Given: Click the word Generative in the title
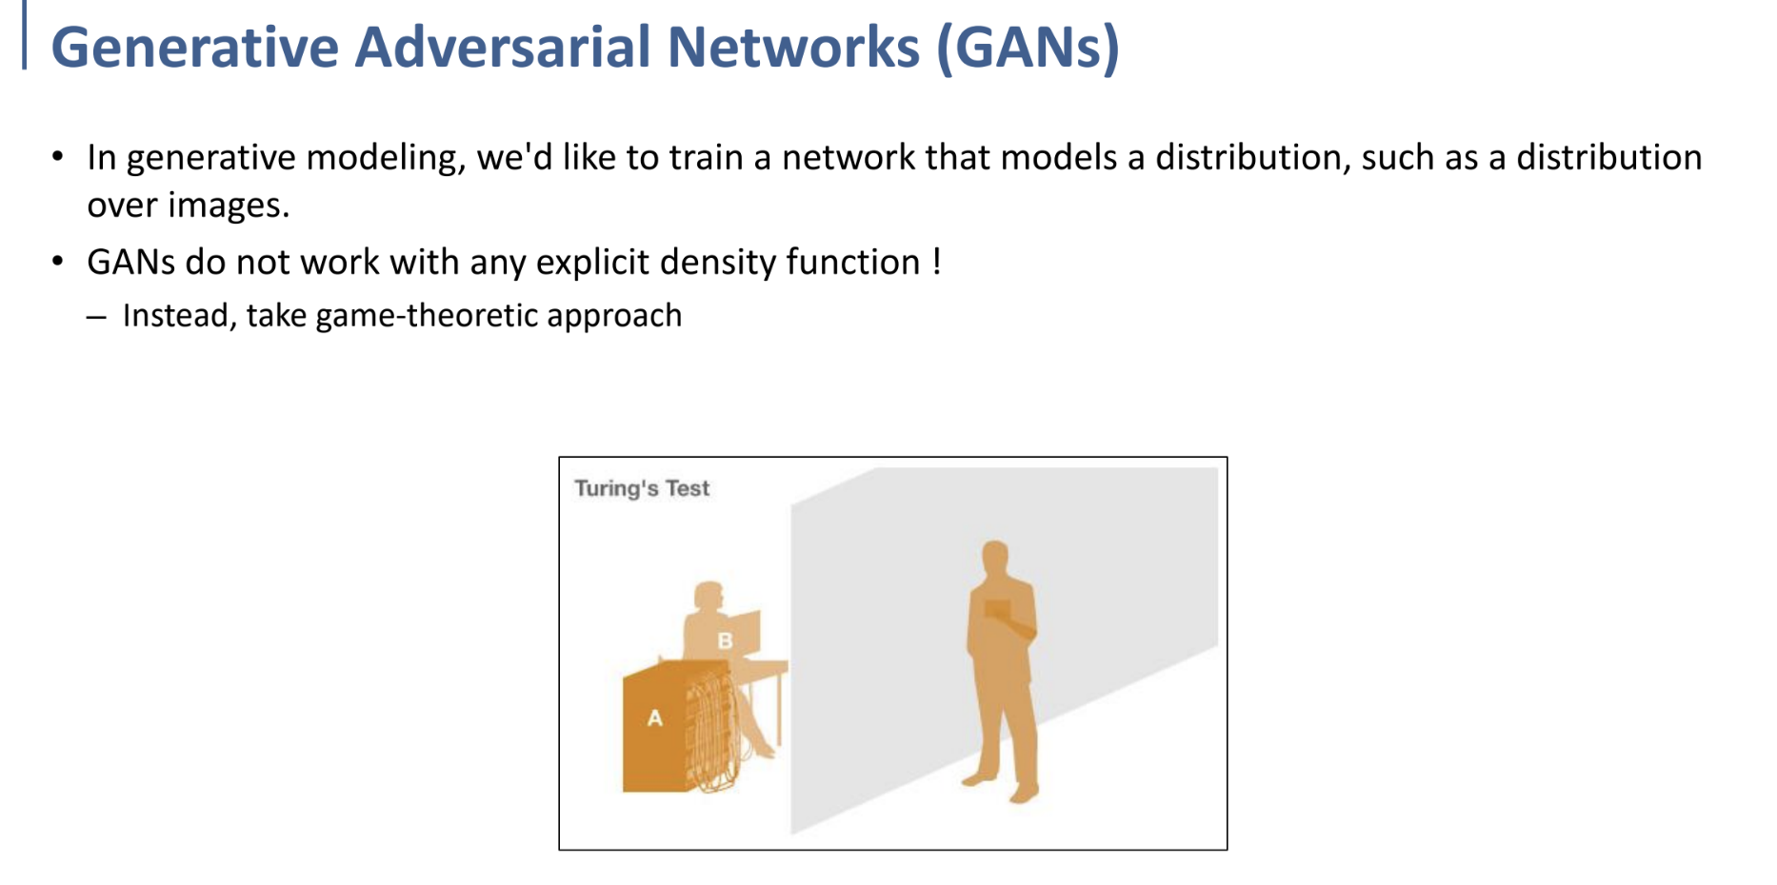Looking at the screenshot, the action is pos(194,48).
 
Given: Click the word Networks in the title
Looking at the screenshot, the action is pos(794,48).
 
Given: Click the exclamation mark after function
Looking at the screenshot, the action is pos(937,261).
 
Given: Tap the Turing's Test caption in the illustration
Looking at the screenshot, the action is pos(642,488).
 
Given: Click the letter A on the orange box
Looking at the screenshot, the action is pos(654,718).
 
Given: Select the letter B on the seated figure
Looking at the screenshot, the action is pos(725,641).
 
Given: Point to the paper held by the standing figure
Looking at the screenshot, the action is pos(997,608).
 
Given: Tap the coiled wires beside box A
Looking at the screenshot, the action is pos(710,731).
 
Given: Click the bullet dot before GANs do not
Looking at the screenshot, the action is pos(59,261).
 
